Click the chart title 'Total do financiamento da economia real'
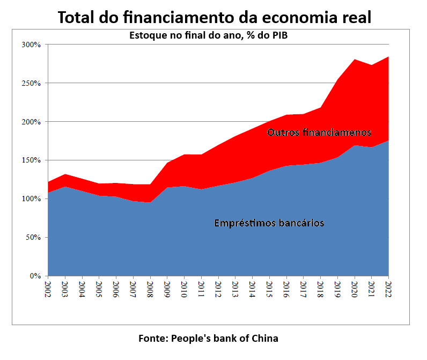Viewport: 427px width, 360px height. [x=214, y=17]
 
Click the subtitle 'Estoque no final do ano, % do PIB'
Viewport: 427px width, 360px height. [x=213, y=36]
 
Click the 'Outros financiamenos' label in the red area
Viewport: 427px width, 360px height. [x=319, y=132]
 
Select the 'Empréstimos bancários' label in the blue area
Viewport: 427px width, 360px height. [x=269, y=223]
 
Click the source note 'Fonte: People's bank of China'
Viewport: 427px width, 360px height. [x=208, y=338]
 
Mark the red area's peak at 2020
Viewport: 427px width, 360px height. [x=355, y=60]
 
